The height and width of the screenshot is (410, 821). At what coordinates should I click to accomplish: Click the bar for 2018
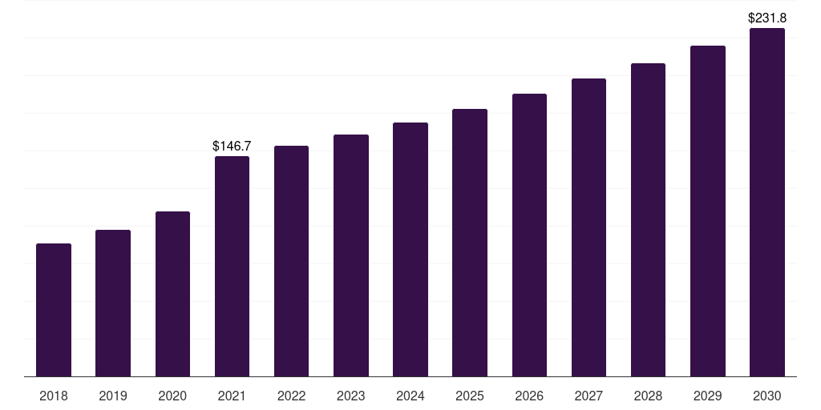point(54,310)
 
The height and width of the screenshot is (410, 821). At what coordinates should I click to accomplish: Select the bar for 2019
point(113,303)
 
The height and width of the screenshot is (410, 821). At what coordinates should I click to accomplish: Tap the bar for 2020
point(172,294)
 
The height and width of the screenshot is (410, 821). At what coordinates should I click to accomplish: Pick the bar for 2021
point(232,266)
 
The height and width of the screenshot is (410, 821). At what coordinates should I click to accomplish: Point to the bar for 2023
point(351,255)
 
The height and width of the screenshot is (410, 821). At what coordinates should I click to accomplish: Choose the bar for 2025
point(470,243)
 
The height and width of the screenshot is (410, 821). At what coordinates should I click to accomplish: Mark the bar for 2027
point(588,227)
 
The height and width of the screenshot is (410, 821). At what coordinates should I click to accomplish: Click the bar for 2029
point(708,211)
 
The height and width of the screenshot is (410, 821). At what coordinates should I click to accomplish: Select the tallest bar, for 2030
point(767,203)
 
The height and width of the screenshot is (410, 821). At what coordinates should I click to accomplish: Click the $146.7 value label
point(232,146)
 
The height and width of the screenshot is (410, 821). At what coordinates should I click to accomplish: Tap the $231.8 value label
point(767,18)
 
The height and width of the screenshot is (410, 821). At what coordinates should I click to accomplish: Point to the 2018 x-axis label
point(54,396)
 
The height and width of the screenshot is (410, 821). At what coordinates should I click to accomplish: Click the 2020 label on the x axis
point(172,396)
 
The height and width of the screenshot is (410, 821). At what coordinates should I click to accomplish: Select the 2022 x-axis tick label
point(291,396)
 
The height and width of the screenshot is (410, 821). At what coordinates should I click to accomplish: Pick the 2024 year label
point(410,396)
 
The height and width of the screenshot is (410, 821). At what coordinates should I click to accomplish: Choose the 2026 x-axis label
point(529,396)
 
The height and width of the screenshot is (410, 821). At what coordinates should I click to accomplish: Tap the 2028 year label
point(648,396)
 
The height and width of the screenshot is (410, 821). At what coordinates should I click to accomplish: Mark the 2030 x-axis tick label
point(767,396)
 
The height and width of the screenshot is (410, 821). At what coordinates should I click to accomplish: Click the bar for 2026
point(529,235)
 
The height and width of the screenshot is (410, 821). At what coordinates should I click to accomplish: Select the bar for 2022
point(291,262)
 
